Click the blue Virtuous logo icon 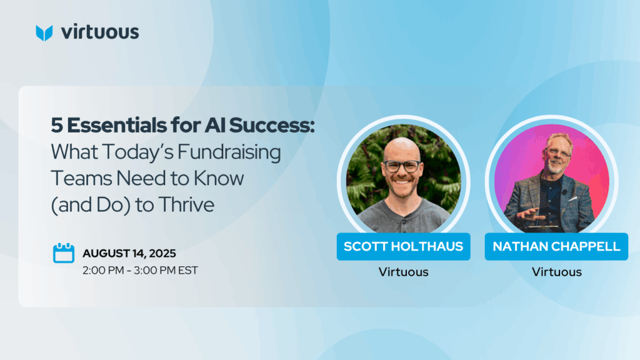tap(44, 33)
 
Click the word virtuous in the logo tap(100, 32)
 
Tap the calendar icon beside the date tap(64, 253)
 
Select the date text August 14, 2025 tap(129, 254)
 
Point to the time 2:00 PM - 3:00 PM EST tap(140, 270)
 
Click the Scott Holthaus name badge tap(403, 246)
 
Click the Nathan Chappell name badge tap(556, 246)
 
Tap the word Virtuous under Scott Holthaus tap(403, 272)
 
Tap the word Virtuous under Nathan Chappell tap(556, 272)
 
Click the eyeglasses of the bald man tap(402, 166)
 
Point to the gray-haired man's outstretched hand tap(531, 214)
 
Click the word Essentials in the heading tap(117, 125)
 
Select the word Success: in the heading tap(272, 125)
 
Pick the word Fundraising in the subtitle tap(229, 152)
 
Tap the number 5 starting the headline tap(57, 126)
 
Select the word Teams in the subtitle tap(81, 178)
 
